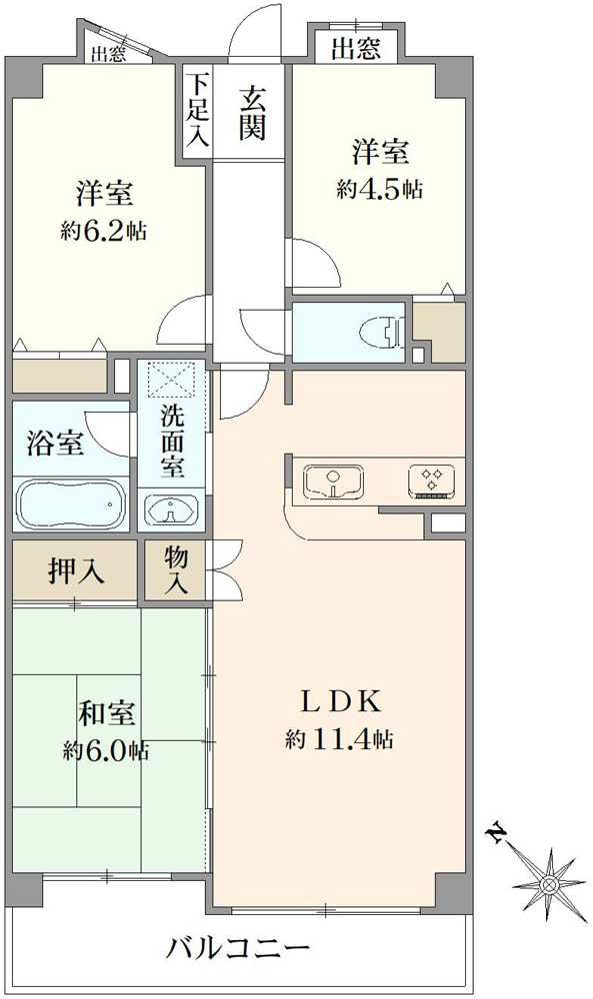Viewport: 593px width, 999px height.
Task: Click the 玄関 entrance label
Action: tap(252, 114)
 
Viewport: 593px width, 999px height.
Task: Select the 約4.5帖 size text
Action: tap(379, 189)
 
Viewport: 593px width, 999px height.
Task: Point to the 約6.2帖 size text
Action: tap(105, 231)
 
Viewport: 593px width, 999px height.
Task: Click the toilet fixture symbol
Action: tap(382, 332)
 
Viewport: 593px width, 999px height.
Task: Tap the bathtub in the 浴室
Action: tap(71, 502)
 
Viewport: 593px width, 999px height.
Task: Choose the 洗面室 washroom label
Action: tap(172, 442)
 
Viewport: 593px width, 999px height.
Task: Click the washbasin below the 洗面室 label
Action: tap(170, 510)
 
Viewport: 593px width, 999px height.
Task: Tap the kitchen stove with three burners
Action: tap(432, 481)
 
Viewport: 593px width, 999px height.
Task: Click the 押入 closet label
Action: tap(76, 570)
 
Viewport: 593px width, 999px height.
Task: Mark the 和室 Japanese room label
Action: tap(106, 713)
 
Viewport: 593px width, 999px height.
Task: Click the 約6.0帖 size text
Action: tap(106, 750)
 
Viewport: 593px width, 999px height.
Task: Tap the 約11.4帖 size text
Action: tap(339, 739)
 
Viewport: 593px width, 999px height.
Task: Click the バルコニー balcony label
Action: tap(238, 950)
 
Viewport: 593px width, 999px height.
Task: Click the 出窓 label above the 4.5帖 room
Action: tap(356, 49)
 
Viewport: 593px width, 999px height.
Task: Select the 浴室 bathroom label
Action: tap(55, 443)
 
